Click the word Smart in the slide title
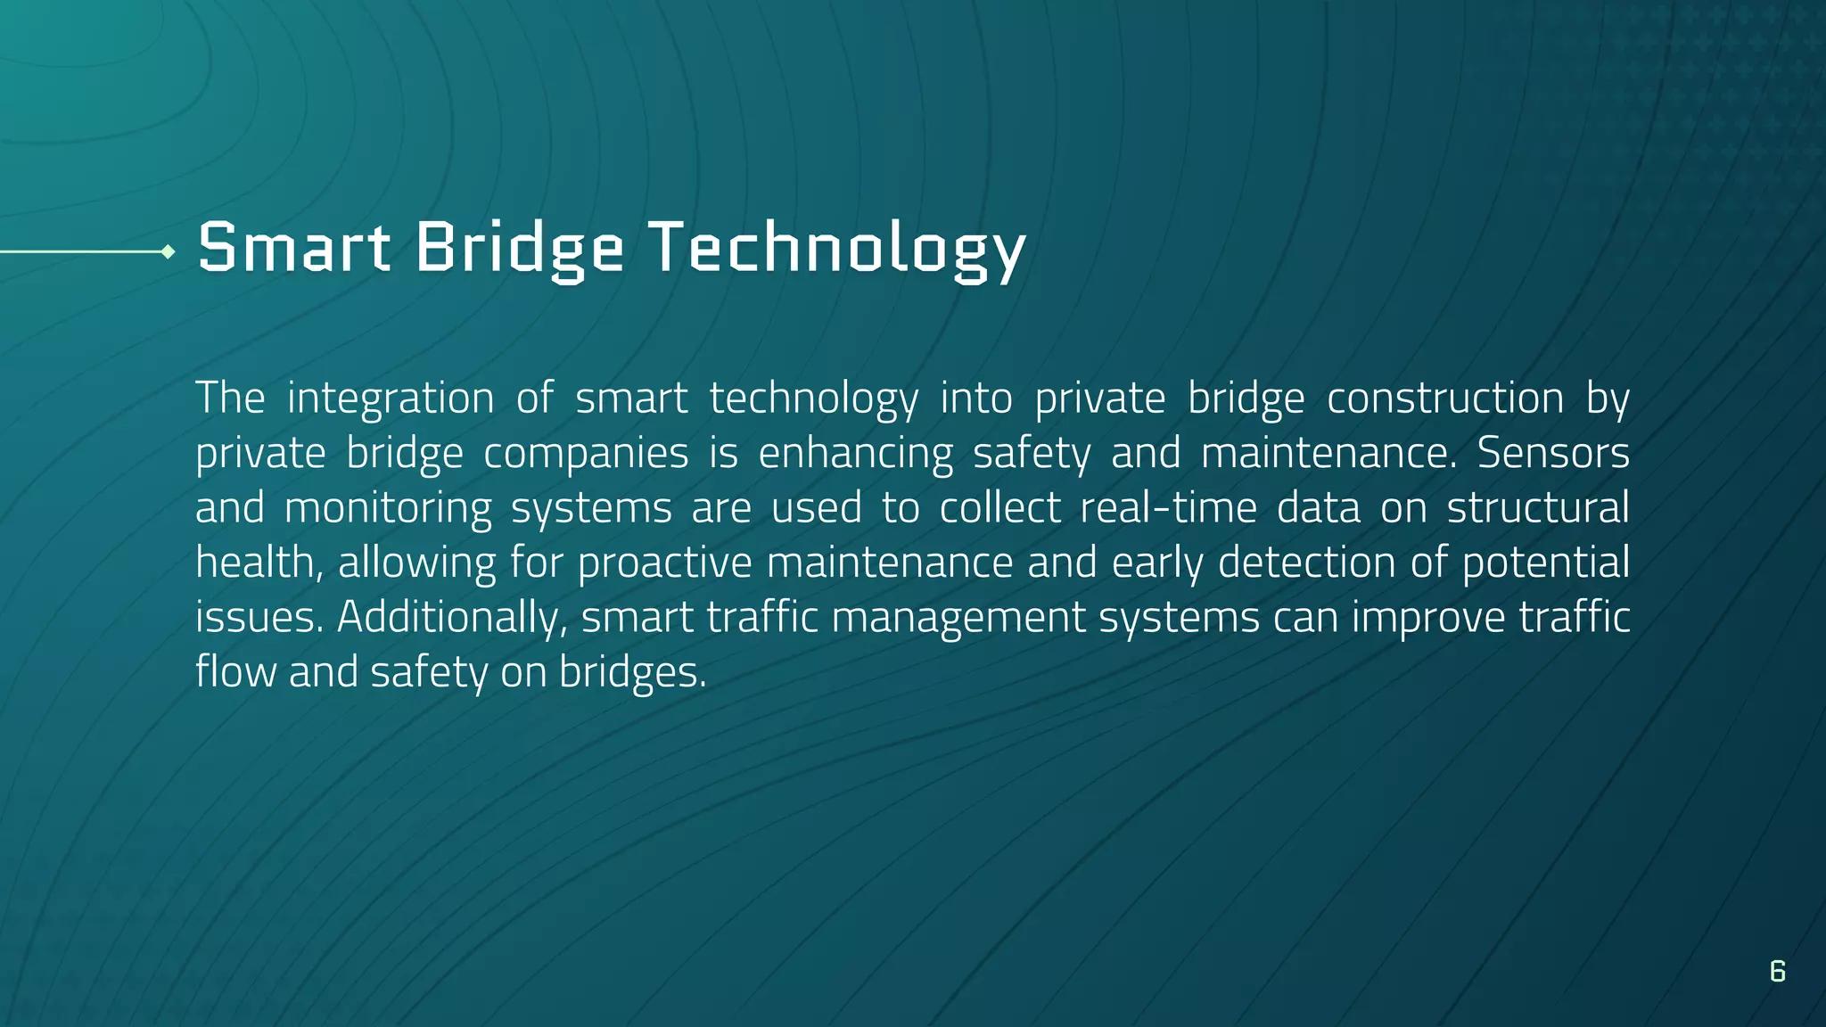pos(293,247)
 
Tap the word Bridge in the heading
pos(519,247)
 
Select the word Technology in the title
pos(837,247)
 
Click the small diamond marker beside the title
pos(168,252)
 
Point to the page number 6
pos(1777,971)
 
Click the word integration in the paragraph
pos(390,398)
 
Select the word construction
pos(1444,398)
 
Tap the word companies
pos(586,453)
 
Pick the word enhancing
pos(855,453)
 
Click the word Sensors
pos(1552,453)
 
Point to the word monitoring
pos(388,508)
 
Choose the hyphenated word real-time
pos(1168,508)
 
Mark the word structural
pos(1537,508)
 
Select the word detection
pos(1306,563)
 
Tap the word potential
pos(1545,563)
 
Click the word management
pos(958,618)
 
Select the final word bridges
pos(632,673)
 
